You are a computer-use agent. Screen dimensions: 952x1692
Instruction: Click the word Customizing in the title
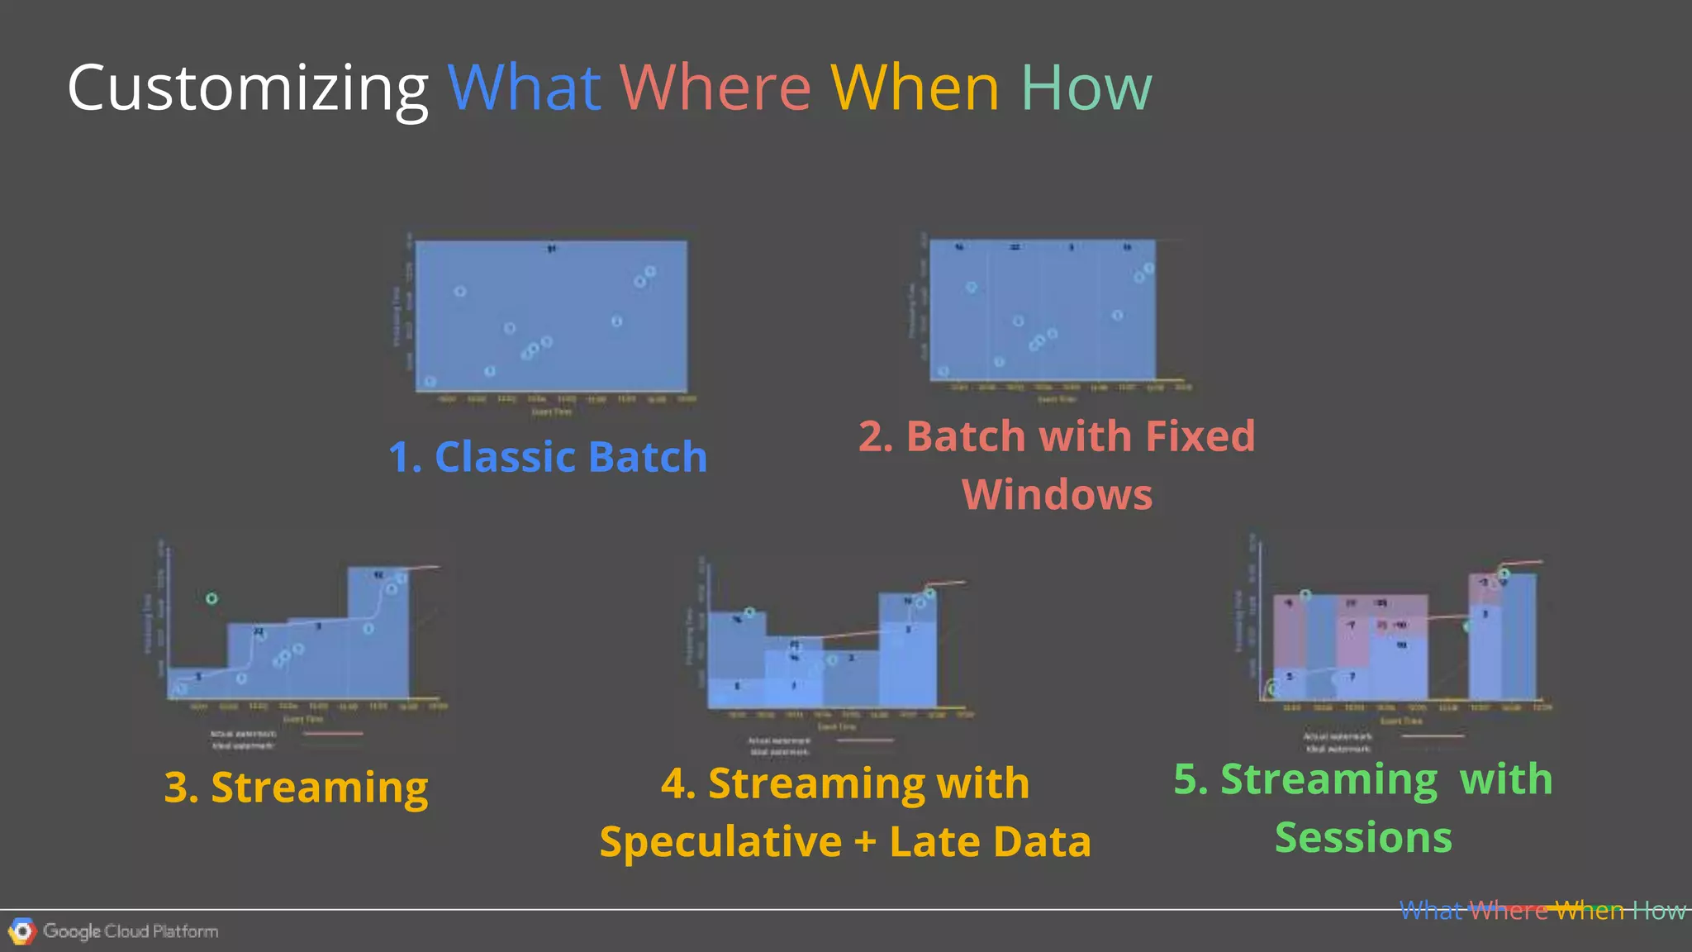[247, 88]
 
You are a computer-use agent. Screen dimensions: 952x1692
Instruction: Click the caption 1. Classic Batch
[548, 457]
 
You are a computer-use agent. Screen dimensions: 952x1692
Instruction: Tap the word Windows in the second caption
[1057, 495]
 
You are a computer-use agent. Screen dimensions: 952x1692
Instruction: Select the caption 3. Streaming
[296, 787]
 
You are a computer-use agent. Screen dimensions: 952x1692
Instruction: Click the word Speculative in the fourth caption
[720, 842]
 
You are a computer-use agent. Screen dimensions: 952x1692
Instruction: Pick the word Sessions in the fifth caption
[1363, 838]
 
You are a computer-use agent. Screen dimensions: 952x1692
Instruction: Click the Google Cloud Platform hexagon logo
[22, 931]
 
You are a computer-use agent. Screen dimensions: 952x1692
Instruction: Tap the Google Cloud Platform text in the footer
[131, 931]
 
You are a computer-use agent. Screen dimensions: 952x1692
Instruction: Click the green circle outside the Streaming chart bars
[211, 598]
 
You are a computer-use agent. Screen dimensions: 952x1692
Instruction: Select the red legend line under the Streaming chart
[334, 734]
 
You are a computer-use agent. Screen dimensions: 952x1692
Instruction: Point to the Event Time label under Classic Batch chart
[551, 412]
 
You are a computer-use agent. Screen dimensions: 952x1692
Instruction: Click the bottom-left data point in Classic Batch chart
[430, 381]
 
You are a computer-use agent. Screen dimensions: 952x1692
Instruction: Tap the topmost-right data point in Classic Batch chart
[650, 271]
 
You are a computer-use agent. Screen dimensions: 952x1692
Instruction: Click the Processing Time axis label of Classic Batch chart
[397, 317]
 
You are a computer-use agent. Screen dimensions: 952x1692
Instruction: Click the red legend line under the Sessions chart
[1433, 735]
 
